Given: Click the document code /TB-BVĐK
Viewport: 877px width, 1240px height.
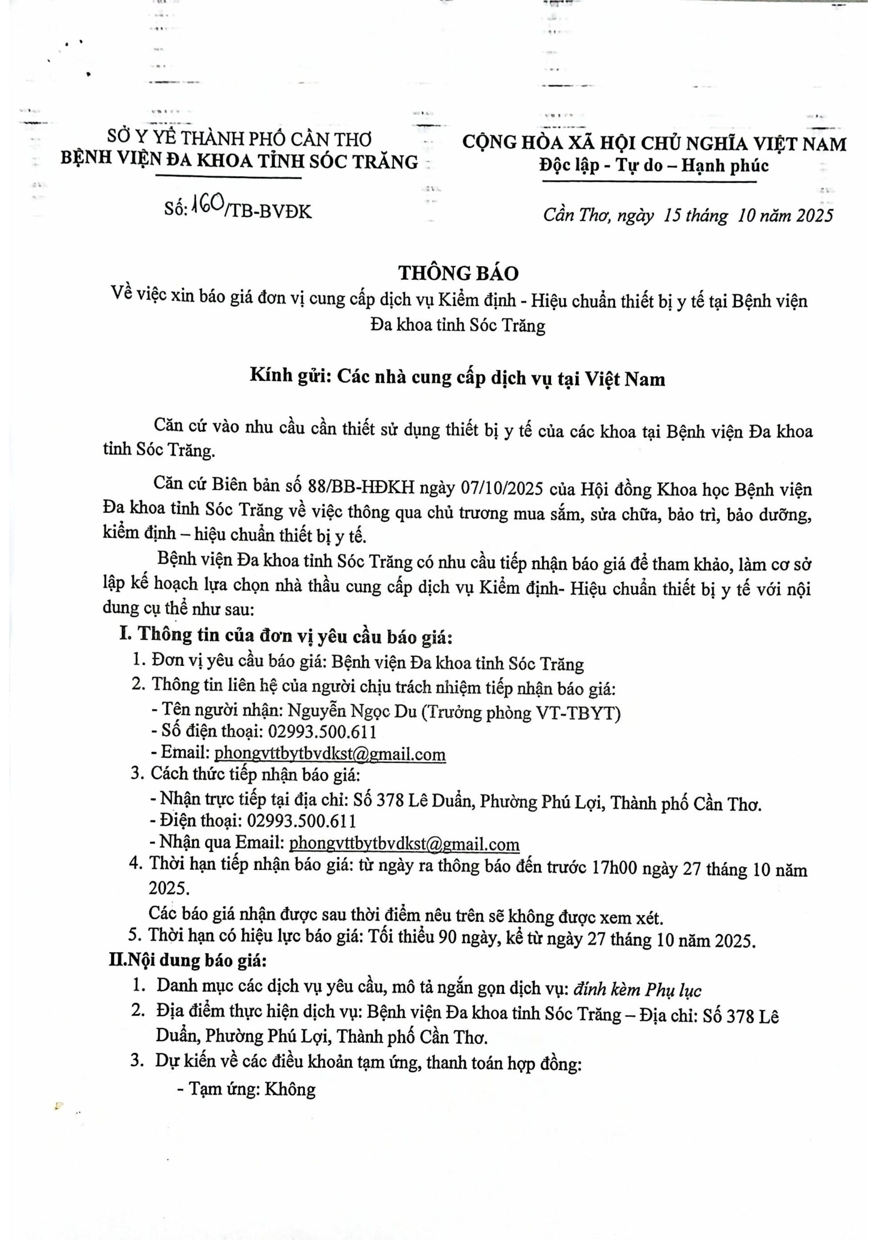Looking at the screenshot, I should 269,211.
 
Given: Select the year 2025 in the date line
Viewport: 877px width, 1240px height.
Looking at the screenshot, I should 815,215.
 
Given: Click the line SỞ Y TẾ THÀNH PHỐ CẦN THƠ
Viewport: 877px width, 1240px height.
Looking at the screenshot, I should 239,139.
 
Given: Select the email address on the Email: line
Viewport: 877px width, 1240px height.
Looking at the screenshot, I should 330,753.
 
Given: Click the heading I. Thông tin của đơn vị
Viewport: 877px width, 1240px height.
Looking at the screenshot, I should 286,636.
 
